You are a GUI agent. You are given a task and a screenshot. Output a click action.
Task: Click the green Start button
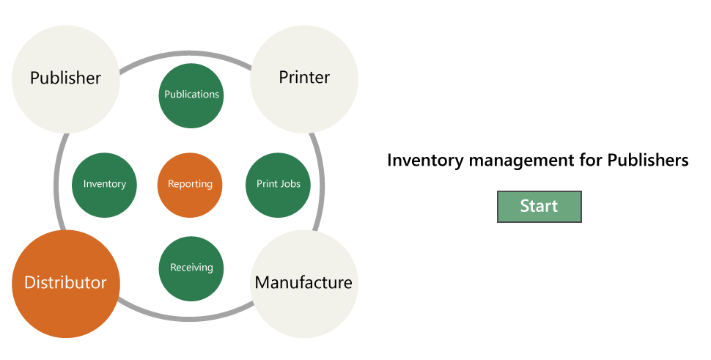point(539,207)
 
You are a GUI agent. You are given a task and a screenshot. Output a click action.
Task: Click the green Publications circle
point(191,95)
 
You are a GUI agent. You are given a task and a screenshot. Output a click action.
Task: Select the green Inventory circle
point(104,185)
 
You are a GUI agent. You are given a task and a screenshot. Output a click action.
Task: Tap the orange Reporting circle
point(190,185)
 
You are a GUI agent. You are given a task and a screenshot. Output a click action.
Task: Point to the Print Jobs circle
point(278,185)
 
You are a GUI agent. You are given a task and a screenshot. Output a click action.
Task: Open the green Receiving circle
point(191,268)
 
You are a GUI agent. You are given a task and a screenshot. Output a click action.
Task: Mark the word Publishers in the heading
point(648,160)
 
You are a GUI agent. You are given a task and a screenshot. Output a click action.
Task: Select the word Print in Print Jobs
point(266,184)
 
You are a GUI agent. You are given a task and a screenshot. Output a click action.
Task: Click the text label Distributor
point(65,283)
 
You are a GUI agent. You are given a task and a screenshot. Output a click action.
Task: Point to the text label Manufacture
point(303,282)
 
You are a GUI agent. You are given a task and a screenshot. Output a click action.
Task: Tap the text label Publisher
point(65,78)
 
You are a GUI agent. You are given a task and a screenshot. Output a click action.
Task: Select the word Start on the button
point(539,207)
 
